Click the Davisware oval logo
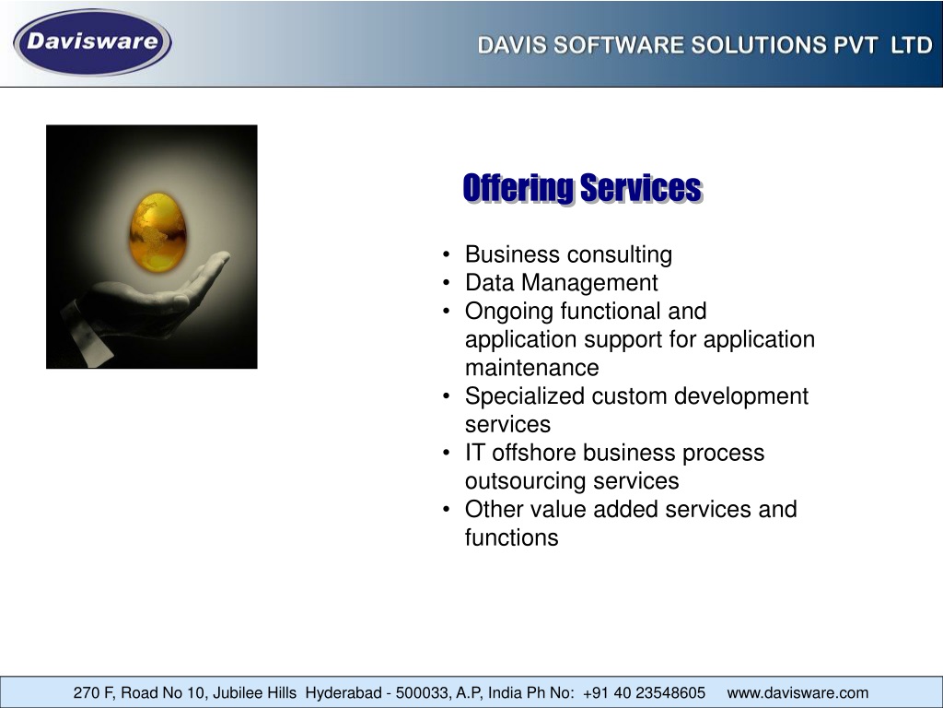(93, 42)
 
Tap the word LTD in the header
(911, 45)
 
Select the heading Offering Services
(582, 188)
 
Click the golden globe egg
(157, 232)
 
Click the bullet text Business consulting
(568, 254)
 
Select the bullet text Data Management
(561, 283)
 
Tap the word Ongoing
(508, 312)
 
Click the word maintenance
(531, 368)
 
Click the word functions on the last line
(511, 537)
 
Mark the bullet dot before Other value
(446, 509)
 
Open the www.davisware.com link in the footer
(797, 693)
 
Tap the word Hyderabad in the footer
(343, 693)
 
